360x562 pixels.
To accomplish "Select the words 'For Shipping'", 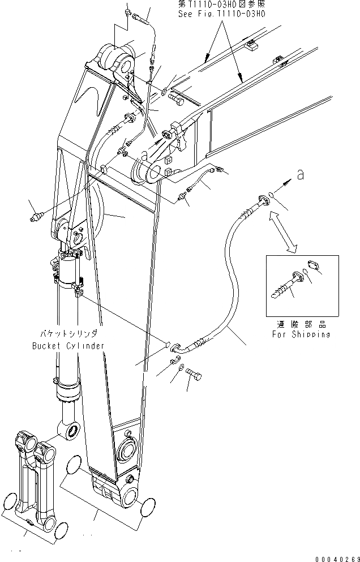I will tap(300, 334).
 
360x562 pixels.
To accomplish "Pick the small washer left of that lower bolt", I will tap(180, 370).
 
